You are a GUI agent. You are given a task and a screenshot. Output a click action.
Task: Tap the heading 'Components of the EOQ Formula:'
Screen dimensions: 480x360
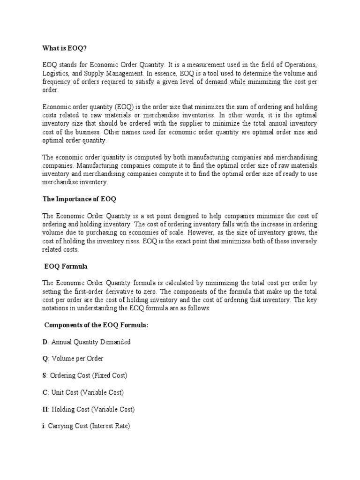click(96, 325)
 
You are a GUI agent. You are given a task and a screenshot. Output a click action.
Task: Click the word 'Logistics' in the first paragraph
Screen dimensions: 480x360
click(55, 73)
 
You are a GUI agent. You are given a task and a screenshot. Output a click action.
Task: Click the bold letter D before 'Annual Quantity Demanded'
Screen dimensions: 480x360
click(45, 342)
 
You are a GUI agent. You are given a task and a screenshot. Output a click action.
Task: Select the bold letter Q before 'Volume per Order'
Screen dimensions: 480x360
click(45, 359)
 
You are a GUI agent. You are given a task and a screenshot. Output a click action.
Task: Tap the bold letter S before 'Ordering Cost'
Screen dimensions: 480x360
click(44, 376)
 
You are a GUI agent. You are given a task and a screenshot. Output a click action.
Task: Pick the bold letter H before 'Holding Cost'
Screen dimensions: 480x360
click(45, 409)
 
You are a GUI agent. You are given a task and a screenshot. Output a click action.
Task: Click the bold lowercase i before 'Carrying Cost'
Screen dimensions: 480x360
click(43, 426)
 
